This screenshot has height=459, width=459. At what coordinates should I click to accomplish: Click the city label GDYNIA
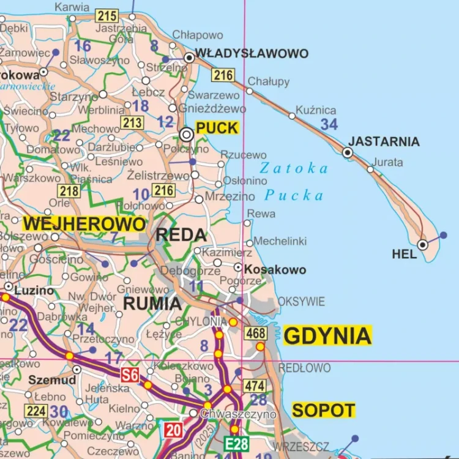327,336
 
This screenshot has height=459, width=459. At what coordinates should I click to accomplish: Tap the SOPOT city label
323,410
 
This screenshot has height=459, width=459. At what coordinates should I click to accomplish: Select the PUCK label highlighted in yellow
217,129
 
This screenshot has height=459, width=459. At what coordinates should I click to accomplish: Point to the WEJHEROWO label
84,224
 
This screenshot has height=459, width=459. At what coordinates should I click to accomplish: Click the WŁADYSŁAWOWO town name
252,54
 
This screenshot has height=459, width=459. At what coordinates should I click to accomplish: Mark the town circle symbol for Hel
422,245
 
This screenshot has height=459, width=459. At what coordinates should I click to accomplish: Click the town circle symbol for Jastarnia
348,152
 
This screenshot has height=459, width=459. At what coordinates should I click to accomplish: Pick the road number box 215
106,17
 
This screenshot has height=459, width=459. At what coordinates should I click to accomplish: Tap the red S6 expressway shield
129,375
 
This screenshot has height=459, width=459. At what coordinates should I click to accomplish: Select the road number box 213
132,123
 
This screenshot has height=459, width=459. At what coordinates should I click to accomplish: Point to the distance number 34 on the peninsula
329,125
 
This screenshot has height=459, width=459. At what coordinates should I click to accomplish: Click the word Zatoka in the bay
294,168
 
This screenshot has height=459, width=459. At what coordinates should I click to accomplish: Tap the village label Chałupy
269,82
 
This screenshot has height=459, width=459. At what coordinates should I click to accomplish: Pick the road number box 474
255,386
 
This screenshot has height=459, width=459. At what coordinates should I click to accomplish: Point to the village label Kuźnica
316,110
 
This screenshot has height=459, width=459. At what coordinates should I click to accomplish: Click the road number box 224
36,411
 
